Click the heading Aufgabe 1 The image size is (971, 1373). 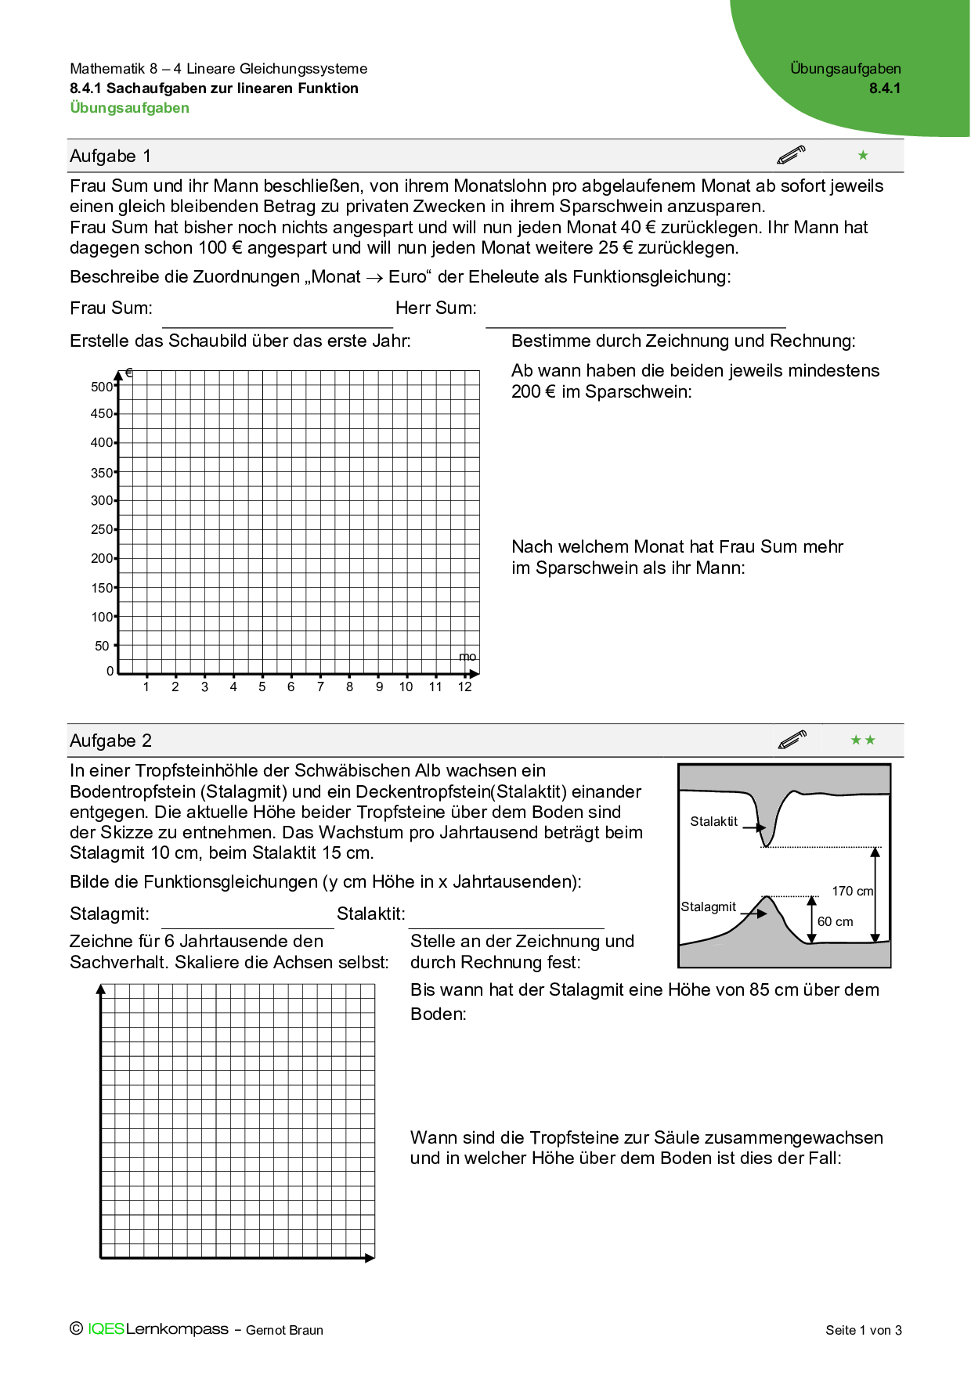(110, 156)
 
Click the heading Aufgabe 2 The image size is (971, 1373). (110, 741)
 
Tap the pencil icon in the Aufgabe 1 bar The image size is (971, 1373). (791, 155)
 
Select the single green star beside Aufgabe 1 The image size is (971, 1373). (863, 155)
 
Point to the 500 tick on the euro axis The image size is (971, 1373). (102, 387)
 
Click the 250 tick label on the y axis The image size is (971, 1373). (102, 529)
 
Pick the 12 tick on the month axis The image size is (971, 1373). (464, 687)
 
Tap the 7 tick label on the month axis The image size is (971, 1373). (320, 687)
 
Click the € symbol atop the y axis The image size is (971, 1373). (129, 373)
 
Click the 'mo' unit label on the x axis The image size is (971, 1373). (467, 657)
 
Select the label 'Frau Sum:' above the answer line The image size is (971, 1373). (111, 308)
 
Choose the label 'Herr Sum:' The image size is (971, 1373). (436, 308)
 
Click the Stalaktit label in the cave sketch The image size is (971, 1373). (713, 821)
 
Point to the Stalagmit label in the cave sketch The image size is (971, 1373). (708, 906)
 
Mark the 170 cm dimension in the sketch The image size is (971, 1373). (852, 891)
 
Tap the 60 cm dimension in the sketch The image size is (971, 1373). (835, 921)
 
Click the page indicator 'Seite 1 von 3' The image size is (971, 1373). (863, 1330)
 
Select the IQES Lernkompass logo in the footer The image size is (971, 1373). (157, 1328)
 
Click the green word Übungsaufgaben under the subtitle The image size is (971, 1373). (129, 108)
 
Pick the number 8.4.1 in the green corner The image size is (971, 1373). (885, 88)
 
